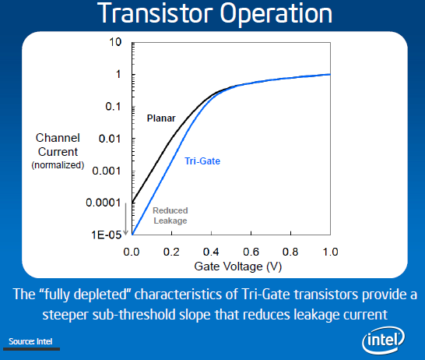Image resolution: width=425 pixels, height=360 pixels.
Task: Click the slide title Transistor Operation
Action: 212,14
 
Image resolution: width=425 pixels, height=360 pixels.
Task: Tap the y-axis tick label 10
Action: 115,41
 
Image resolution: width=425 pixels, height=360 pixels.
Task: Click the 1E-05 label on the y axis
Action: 106,234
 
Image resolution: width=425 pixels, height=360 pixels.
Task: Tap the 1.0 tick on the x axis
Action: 330,252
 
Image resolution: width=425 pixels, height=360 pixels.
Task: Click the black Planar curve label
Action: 161,118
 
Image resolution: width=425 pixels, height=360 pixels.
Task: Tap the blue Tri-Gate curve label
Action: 202,161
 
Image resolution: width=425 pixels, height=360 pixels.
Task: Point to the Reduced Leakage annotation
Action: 170,216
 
